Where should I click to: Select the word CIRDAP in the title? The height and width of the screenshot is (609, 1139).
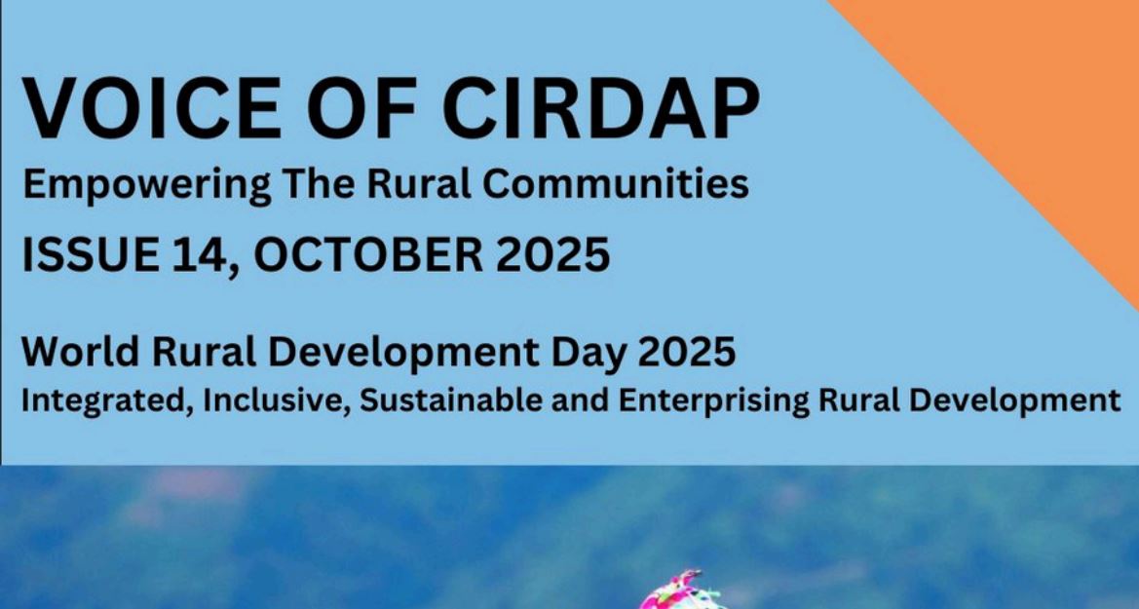pyautogui.click(x=601, y=108)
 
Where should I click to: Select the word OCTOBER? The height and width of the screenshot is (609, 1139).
pyautogui.click(x=367, y=255)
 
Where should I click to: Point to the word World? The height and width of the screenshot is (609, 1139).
pyautogui.click(x=80, y=352)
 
